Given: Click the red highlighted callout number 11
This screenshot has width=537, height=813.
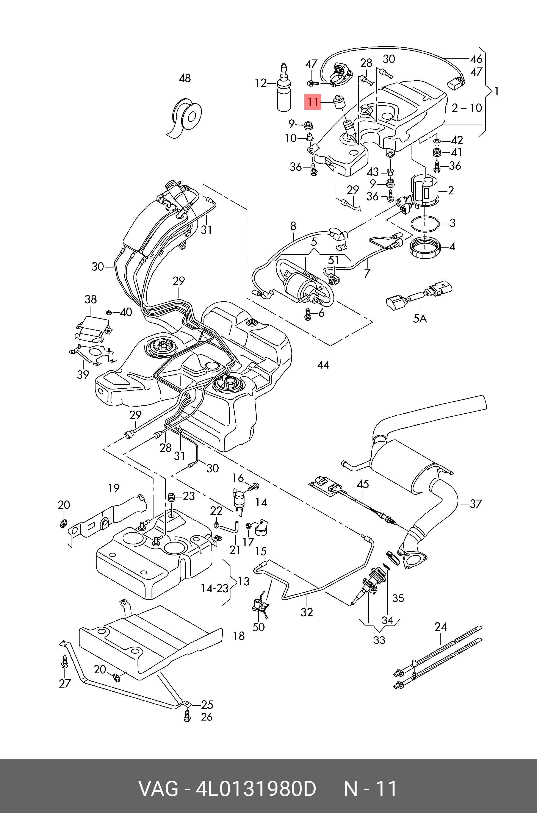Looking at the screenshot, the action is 313,102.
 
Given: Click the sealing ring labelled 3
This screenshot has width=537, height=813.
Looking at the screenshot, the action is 425,224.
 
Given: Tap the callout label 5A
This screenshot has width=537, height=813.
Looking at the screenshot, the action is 420,319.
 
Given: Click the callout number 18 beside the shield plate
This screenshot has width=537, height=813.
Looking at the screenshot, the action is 239,636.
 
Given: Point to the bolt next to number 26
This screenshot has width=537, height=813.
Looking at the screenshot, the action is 187,716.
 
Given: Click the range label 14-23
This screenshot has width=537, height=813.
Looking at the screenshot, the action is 214,588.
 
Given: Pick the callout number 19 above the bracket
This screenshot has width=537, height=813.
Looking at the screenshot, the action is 114,488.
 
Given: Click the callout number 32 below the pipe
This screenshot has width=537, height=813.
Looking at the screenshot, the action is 307,612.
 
